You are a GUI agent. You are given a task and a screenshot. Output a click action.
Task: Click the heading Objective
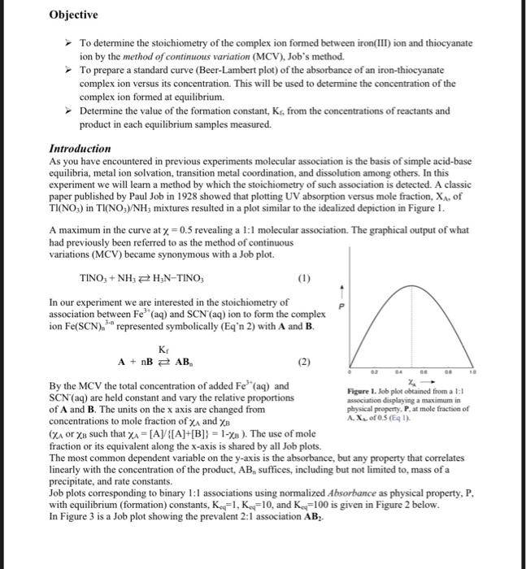click(x=73, y=15)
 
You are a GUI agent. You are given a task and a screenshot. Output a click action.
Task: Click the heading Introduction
click(x=80, y=149)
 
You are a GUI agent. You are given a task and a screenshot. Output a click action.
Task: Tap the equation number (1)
click(x=305, y=278)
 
